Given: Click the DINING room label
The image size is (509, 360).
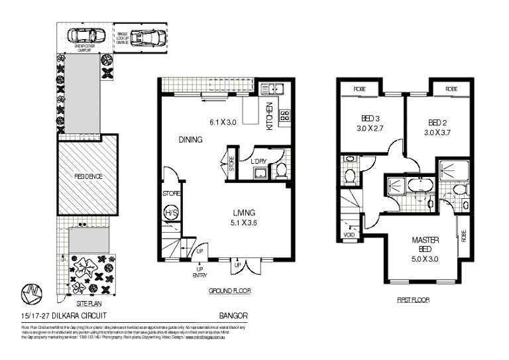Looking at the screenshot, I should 190,140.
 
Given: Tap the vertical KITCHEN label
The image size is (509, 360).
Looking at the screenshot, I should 270,116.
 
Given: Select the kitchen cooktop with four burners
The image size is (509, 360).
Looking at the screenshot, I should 286,116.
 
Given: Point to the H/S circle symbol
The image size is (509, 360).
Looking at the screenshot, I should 170,212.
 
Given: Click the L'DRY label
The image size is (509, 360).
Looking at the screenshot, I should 258,161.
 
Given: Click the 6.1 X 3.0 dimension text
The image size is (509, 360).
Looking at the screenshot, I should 223,123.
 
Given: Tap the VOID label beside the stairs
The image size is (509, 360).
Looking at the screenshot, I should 348,235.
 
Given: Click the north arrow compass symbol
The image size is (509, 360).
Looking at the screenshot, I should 30,292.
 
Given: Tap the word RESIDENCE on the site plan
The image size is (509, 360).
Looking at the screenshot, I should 87,177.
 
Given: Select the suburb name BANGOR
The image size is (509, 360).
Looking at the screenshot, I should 233,316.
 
